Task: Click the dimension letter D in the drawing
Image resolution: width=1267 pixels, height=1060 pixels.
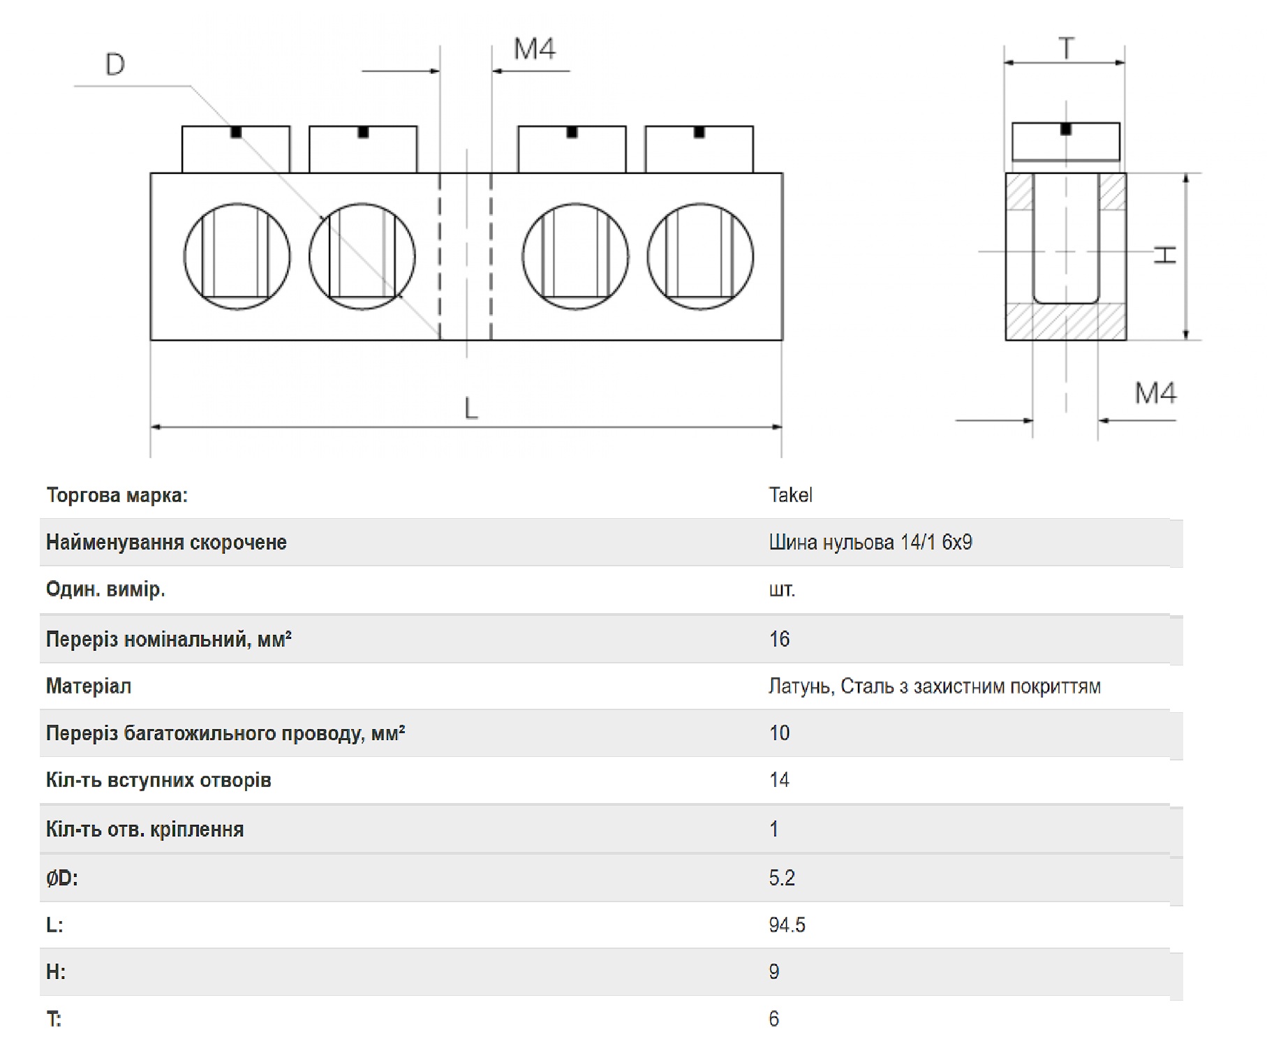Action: (115, 64)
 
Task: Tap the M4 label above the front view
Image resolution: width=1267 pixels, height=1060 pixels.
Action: (535, 49)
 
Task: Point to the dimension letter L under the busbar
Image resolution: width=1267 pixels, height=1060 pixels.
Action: (471, 408)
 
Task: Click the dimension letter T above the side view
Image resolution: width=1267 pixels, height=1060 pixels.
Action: (1066, 49)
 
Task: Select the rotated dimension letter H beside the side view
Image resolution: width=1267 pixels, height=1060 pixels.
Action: (1164, 255)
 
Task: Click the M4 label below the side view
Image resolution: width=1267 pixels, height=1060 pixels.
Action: (1155, 393)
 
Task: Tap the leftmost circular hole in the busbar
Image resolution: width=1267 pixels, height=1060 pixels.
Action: (237, 256)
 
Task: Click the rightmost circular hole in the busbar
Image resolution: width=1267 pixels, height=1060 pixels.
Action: (700, 256)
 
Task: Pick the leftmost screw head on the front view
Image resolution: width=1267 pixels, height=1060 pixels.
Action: (236, 149)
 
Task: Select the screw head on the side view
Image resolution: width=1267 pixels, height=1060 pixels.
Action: (1066, 142)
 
